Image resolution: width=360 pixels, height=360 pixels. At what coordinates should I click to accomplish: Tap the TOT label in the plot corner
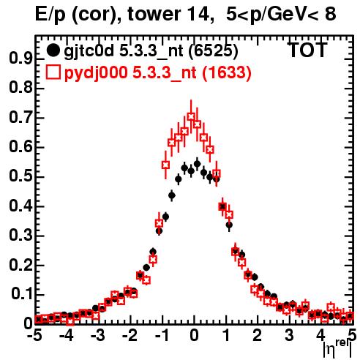pyautogui.click(x=307, y=50)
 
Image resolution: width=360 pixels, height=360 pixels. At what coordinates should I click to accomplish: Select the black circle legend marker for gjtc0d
pyautogui.click(x=53, y=50)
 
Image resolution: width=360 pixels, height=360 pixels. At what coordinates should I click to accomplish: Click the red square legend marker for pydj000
pyautogui.click(x=53, y=72)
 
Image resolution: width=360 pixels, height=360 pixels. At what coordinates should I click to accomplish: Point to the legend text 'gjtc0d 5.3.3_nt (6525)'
pyautogui.click(x=151, y=51)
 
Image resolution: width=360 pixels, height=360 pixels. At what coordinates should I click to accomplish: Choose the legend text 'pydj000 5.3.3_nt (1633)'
pyautogui.click(x=157, y=73)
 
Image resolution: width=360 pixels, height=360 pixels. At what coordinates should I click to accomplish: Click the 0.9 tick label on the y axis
pyautogui.click(x=21, y=59)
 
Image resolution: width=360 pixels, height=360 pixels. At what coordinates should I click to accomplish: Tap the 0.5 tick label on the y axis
pyautogui.click(x=21, y=176)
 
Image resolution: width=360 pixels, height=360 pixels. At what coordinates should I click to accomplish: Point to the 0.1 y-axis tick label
pyautogui.click(x=22, y=294)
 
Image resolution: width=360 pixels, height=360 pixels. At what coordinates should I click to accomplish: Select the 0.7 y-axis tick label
pyautogui.click(x=21, y=118)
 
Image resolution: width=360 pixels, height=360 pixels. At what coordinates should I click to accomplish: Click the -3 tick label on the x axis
pyautogui.click(x=97, y=336)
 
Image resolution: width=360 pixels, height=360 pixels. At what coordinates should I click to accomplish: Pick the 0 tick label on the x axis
pyautogui.click(x=194, y=336)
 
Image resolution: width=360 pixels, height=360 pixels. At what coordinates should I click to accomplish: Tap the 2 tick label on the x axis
pyautogui.click(x=258, y=336)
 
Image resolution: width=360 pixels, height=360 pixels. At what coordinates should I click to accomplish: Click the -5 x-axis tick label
pyautogui.click(x=35, y=336)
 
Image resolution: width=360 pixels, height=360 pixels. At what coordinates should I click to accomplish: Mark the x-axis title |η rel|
pyautogui.click(x=337, y=349)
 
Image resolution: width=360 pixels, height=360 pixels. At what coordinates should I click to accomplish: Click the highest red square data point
pyautogui.click(x=191, y=116)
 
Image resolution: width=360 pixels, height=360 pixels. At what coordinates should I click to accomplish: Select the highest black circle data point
pyautogui.click(x=197, y=164)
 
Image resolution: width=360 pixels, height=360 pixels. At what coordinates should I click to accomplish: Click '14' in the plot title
pyautogui.click(x=197, y=14)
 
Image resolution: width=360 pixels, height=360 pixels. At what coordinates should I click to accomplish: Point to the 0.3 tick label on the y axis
pyautogui.click(x=21, y=236)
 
